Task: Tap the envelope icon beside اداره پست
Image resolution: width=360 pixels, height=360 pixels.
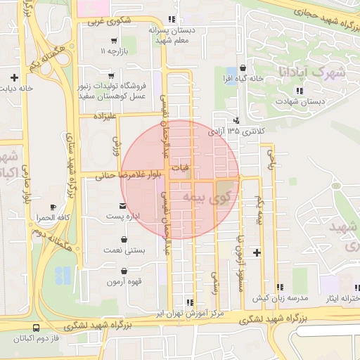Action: [x=123, y=206]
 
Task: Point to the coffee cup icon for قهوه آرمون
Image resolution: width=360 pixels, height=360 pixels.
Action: [x=125, y=272]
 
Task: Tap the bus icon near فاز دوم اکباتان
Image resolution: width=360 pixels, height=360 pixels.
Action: [x=36, y=327]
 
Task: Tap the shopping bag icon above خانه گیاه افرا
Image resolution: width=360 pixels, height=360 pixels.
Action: [x=243, y=68]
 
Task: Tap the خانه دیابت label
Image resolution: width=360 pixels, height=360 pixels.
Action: [x=17, y=89]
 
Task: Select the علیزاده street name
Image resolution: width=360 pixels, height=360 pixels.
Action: [x=98, y=115]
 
